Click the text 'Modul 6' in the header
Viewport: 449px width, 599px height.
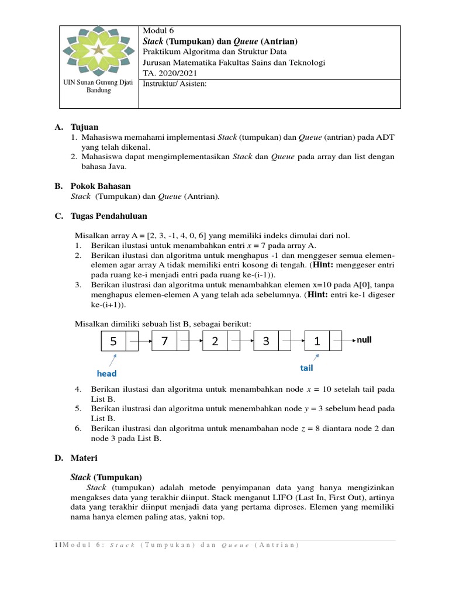click(x=158, y=30)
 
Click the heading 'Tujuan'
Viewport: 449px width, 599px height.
click(x=85, y=127)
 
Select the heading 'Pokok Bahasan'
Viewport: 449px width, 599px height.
click(x=101, y=186)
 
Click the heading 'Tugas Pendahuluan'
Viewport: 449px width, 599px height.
click(x=109, y=216)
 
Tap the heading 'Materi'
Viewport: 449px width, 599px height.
click(x=84, y=457)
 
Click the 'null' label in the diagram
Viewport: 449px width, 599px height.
click(x=364, y=339)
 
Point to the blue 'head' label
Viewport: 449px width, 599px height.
click(x=106, y=373)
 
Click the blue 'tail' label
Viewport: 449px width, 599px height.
click(x=306, y=368)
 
